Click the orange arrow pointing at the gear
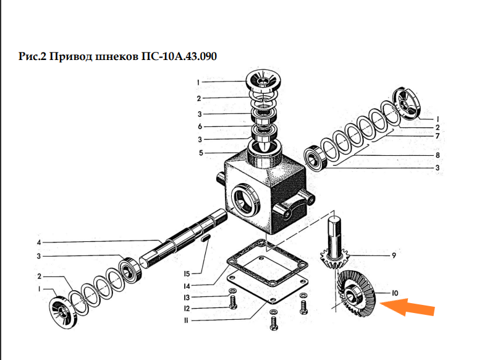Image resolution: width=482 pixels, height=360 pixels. (408, 307)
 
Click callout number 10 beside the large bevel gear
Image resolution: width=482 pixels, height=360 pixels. (395, 293)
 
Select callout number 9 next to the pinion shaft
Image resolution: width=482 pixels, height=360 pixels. (394, 255)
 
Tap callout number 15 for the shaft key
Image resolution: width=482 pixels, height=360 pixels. (187, 273)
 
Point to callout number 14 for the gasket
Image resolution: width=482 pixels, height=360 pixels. (187, 286)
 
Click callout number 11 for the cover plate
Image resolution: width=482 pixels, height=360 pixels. (186, 320)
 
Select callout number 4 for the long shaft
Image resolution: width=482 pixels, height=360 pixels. (39, 242)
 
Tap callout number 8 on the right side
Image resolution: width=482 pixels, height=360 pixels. (438, 155)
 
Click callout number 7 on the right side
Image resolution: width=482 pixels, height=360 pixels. (438, 136)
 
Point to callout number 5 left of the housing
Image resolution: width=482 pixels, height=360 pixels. (201, 153)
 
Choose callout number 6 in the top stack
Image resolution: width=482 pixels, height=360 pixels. (200, 126)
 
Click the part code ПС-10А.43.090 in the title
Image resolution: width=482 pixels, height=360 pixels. (179, 56)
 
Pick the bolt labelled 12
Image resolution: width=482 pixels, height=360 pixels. (233, 302)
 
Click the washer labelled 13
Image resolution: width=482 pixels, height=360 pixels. (233, 291)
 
